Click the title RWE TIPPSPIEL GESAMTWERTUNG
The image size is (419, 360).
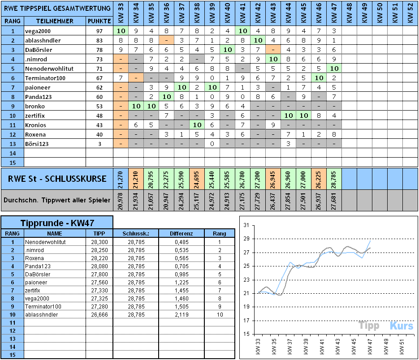pos(56,8)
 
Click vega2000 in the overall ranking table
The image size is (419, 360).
pos(37,31)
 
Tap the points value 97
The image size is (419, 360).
pos(99,31)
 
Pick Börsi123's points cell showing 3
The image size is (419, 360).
pos(99,144)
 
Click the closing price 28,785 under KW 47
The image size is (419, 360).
pos(333,179)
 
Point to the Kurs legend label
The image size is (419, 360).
pos(401,326)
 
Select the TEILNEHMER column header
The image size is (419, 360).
pos(55,21)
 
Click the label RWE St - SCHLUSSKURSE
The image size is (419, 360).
pos(57,179)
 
